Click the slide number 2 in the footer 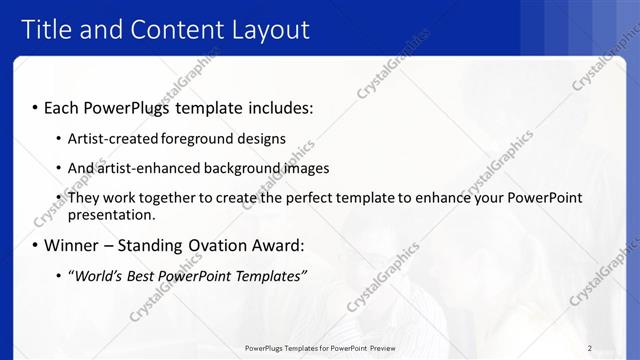coord(590,347)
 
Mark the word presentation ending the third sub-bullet coord(110,214)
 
